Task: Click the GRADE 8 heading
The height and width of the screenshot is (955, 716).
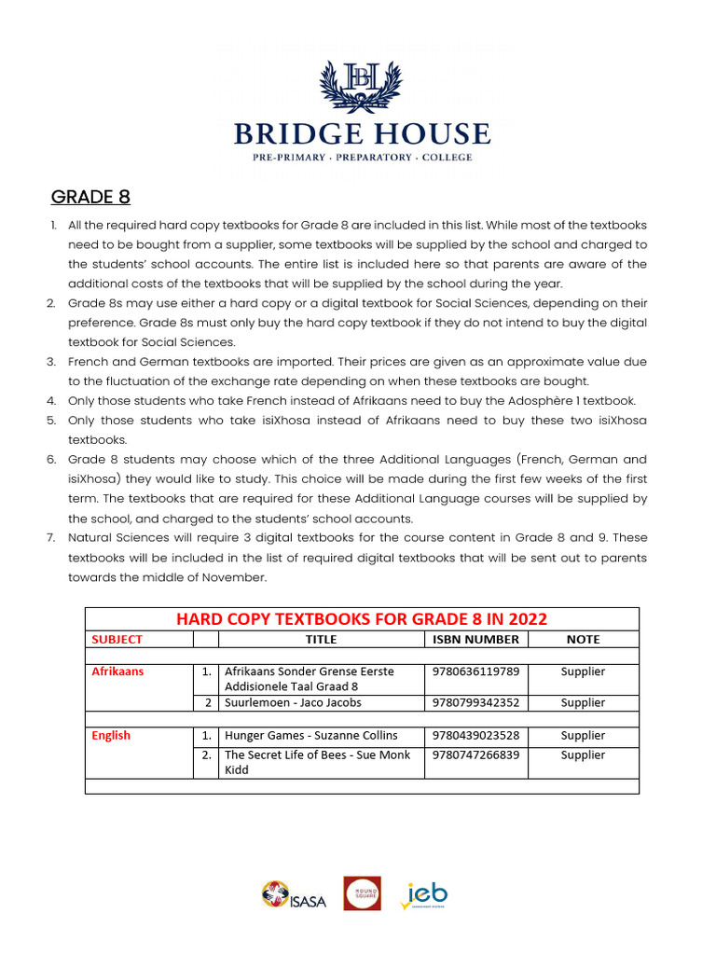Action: point(90,197)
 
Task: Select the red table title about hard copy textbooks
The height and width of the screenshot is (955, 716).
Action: point(362,619)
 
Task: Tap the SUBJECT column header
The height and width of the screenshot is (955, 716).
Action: point(117,640)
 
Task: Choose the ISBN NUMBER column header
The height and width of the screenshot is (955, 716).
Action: point(475,640)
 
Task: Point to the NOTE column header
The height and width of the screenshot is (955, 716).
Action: point(583,640)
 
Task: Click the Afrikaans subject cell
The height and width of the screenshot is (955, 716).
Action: point(117,671)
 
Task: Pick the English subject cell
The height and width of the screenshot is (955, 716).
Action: point(111,736)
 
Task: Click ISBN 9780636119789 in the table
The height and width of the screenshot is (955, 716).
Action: point(475,671)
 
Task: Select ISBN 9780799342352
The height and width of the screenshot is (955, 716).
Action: point(475,703)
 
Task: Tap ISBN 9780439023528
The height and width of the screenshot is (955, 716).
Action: point(475,736)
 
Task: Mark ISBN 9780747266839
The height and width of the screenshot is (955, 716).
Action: point(475,755)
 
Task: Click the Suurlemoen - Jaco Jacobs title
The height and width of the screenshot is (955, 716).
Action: point(293,703)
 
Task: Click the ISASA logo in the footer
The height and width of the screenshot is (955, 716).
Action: point(294,896)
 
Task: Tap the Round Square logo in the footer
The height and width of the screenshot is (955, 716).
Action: point(362,893)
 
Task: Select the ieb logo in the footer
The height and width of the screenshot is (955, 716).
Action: point(424,894)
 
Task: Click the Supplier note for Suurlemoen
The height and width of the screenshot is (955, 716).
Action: point(583,703)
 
